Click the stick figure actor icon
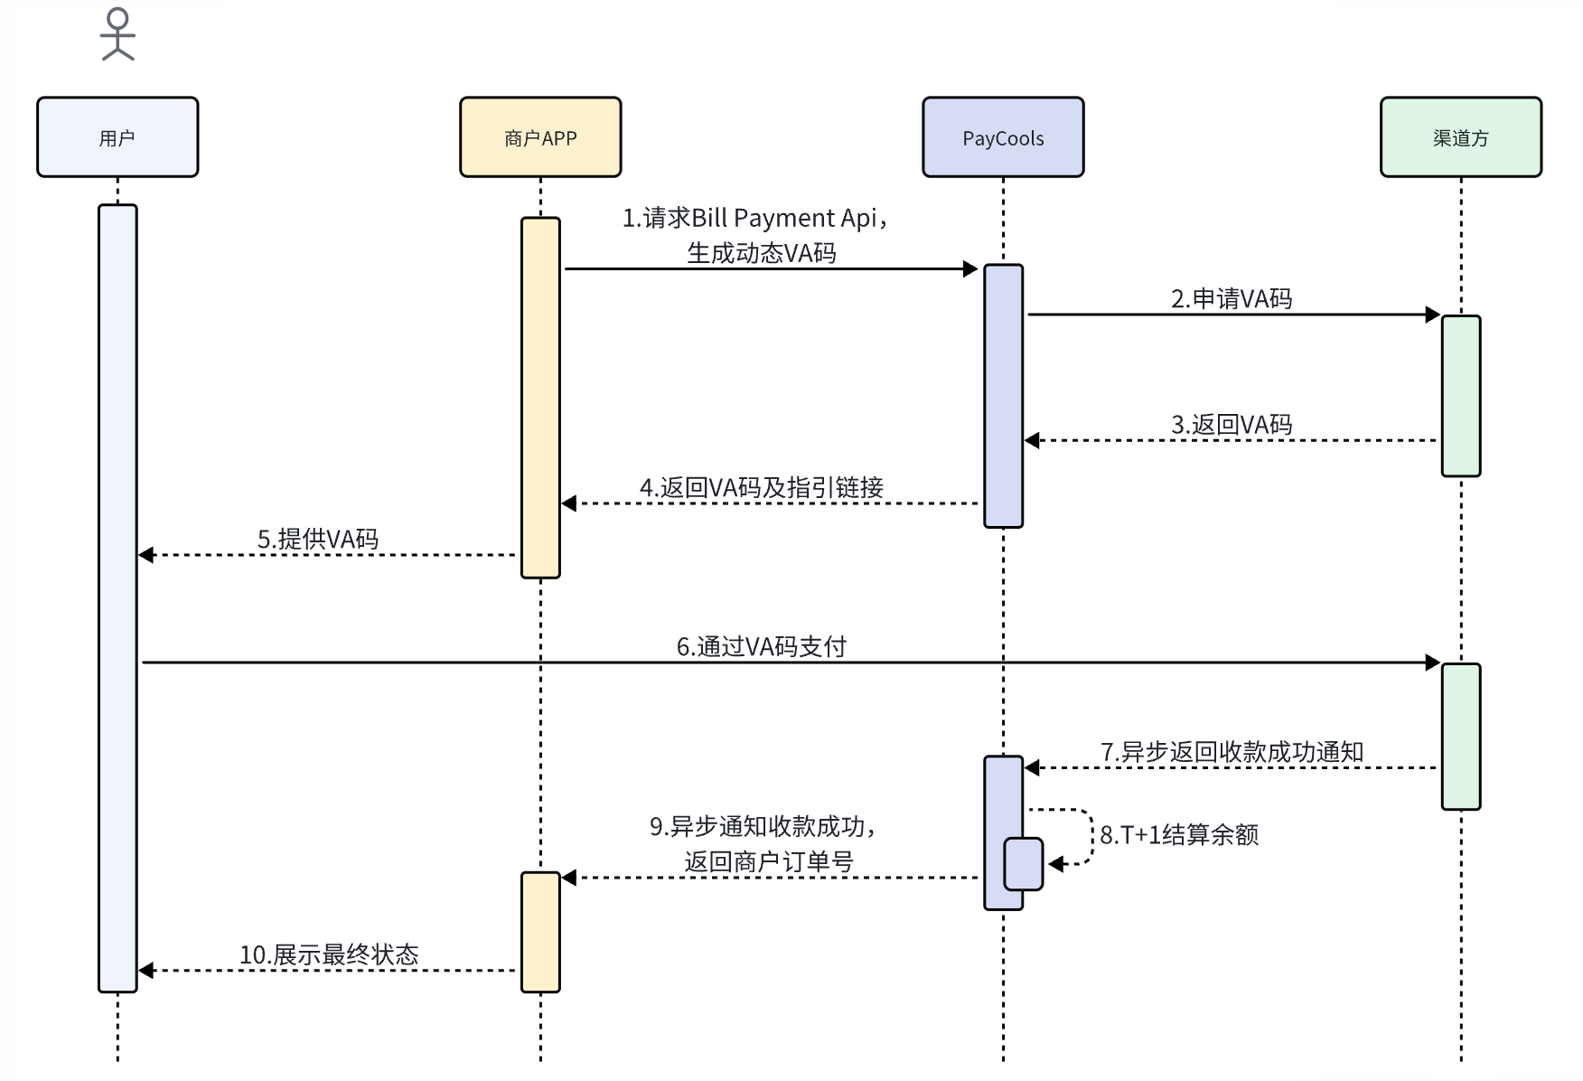[117, 34]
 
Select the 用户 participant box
[117, 137]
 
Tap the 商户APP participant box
[540, 137]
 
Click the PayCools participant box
[1003, 137]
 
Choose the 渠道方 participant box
[1461, 137]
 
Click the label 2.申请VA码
[1232, 299]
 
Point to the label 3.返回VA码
[1232, 425]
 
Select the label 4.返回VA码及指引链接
[762, 488]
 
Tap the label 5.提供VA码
[318, 540]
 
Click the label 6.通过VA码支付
[762, 647]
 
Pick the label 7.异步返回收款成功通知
[1232, 752]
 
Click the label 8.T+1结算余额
[1179, 835]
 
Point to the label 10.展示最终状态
[329, 955]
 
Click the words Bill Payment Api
[784, 219]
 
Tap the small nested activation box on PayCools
[1024, 864]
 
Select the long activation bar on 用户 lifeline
[117, 597]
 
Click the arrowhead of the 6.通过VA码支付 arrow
[1433, 663]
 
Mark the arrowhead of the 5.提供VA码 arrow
[146, 555]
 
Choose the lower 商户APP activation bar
[540, 931]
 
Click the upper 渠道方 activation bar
[1461, 395]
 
